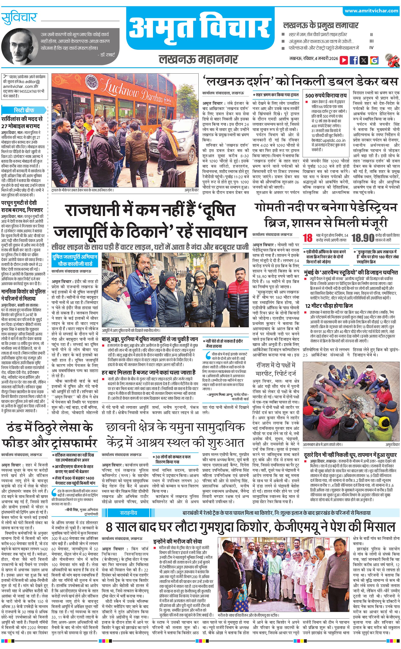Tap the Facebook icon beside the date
pyautogui.click(x=353, y=60)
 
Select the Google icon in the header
pyautogui.click(x=374, y=60)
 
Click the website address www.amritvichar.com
pyautogui.click(x=371, y=11)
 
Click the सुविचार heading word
pyautogui.click(x=19, y=18)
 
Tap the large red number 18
pyautogui.click(x=308, y=238)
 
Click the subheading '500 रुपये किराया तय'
pyautogui.click(x=326, y=96)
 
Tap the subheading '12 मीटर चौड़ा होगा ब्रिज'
pyautogui.click(x=329, y=306)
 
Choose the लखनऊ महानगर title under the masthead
pyautogui.click(x=198, y=59)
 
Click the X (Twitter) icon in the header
pyautogui.click(x=364, y=60)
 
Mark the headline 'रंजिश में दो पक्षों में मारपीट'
pyautogui.click(x=276, y=369)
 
